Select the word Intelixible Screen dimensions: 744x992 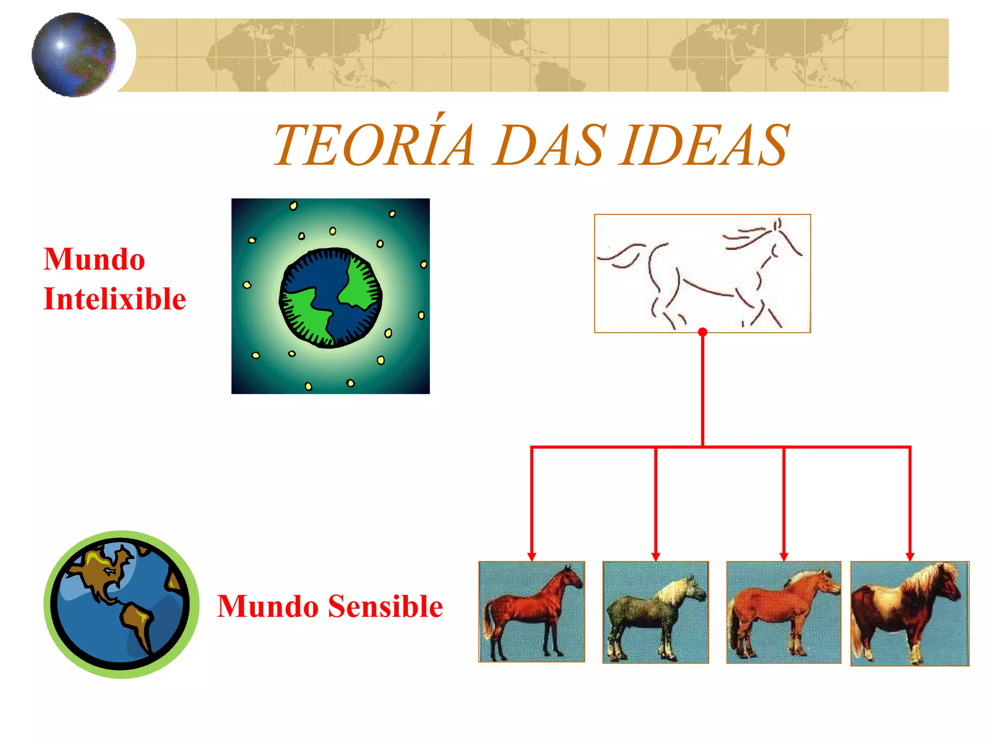point(115,299)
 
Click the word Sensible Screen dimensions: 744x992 point(386,606)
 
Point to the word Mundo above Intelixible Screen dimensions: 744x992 point(94,259)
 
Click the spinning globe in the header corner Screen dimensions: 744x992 point(74,55)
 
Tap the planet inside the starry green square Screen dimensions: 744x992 point(331,297)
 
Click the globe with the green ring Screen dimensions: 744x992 point(121,604)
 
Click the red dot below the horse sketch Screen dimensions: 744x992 point(703,332)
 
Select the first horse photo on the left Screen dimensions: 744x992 point(531,612)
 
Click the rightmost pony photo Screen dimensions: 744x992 point(910,614)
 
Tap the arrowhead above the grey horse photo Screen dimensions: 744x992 point(656,557)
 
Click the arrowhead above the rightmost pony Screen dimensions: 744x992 point(910,557)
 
